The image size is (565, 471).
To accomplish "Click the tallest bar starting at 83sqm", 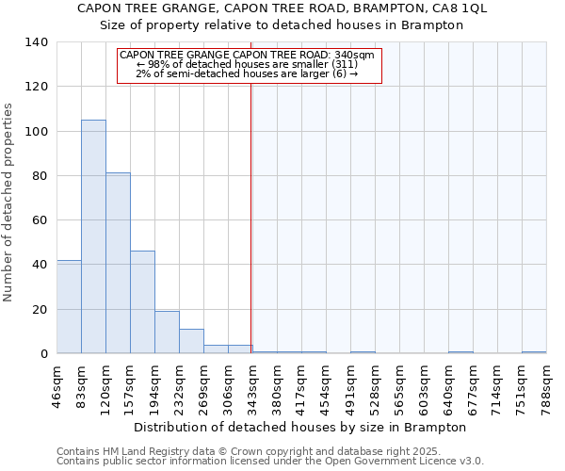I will [x=93, y=236].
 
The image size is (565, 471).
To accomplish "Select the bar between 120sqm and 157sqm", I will [x=118, y=263].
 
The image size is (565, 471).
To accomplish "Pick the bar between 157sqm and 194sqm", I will [x=142, y=301].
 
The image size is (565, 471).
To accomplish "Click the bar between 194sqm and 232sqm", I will [x=167, y=332].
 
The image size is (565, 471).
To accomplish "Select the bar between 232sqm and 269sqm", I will [x=191, y=341].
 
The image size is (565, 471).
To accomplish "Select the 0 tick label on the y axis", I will [x=43, y=354].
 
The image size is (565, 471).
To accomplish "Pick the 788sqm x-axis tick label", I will [x=546, y=384].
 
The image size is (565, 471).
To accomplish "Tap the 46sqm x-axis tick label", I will [x=56, y=384].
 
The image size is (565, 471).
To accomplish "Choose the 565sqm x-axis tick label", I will [x=399, y=384].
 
